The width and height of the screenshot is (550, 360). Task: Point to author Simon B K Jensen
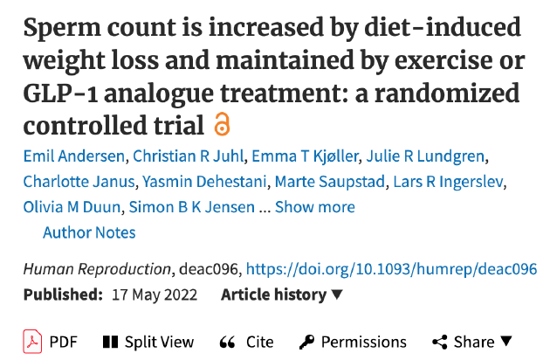click(x=192, y=207)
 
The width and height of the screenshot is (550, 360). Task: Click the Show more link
click(x=315, y=207)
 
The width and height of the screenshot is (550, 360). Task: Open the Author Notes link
click(x=89, y=232)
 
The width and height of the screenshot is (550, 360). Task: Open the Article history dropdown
click(x=282, y=294)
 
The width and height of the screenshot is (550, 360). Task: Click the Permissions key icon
click(x=306, y=342)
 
